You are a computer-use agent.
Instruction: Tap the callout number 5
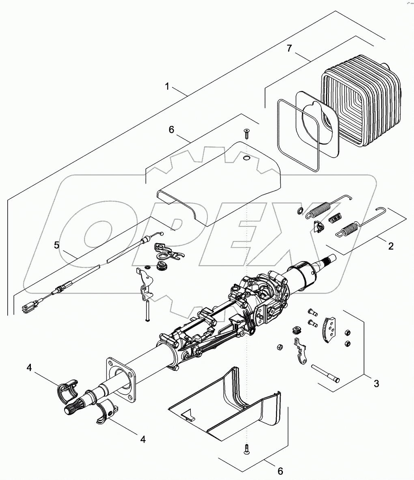point(57,245)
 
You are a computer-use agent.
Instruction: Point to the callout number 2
point(390,246)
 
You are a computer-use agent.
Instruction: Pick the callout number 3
point(376,383)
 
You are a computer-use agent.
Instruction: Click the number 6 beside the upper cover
point(171,130)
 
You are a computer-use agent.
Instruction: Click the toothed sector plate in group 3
point(330,332)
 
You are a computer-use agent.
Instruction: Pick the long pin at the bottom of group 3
point(326,373)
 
